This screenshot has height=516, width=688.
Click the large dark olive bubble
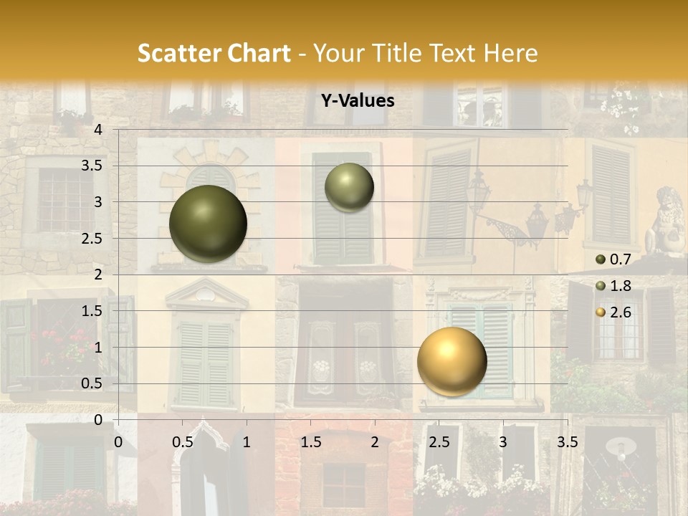click(x=209, y=224)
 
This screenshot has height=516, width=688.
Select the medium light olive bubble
click(x=349, y=187)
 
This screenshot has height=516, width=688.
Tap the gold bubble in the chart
click(x=451, y=362)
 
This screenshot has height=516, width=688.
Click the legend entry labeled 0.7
click(x=616, y=259)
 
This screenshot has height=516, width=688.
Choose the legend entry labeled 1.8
click(x=616, y=286)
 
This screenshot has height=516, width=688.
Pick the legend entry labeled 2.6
click(x=616, y=312)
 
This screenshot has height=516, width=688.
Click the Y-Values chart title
click(x=358, y=101)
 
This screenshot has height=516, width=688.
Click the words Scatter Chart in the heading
click(x=214, y=53)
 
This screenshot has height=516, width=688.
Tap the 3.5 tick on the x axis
click(x=567, y=442)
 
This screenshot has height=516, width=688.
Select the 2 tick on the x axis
click(x=375, y=442)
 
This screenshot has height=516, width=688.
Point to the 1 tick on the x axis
click(x=247, y=442)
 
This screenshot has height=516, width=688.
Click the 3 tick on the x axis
click(x=503, y=442)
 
